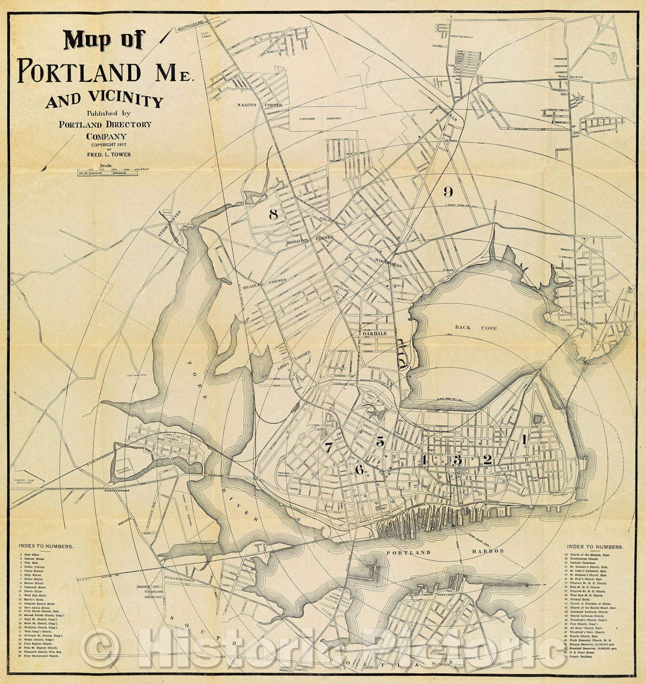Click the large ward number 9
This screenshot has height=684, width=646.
click(x=448, y=192)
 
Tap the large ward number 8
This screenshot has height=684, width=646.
click(x=273, y=215)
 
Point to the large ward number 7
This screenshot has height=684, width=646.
click(x=328, y=448)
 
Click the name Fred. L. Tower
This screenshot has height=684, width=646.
click(x=109, y=154)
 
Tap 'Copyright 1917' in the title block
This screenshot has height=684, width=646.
click(x=109, y=145)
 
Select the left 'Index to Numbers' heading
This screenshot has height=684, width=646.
click(x=45, y=546)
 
